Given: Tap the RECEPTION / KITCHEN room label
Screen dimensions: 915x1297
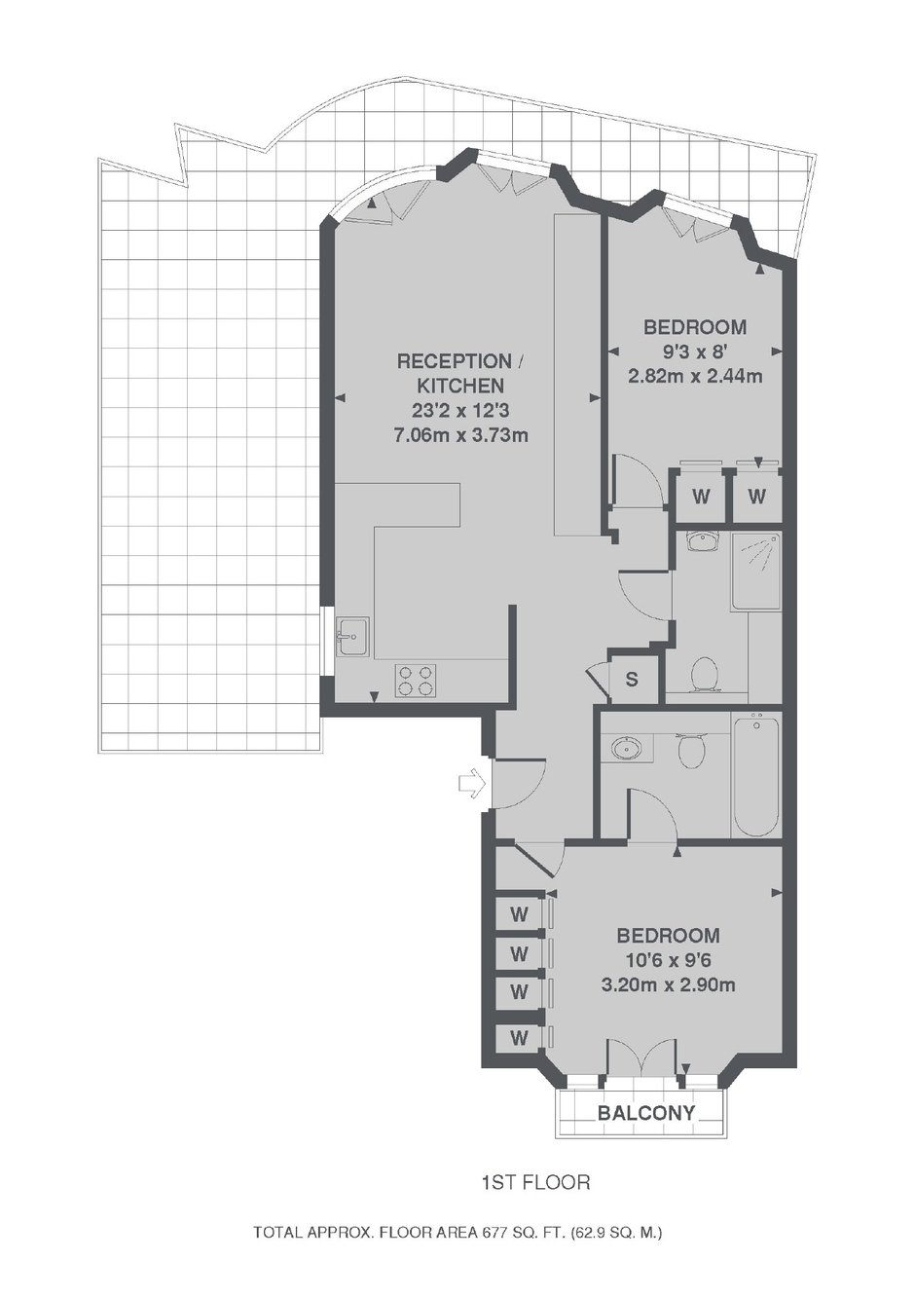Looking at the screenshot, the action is click(460, 373).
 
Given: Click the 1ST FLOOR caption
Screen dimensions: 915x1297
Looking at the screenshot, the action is click(536, 1182).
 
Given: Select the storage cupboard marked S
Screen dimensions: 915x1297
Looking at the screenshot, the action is click(633, 680).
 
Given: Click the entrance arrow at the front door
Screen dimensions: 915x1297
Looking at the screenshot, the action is click(471, 784).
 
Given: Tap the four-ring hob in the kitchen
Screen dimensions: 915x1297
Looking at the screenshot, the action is click(415, 681).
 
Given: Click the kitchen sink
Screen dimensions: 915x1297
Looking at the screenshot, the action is click(353, 636).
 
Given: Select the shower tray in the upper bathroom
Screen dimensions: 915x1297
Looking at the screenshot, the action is click(755, 572).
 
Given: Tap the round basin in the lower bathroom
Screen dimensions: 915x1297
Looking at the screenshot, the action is click(625, 748).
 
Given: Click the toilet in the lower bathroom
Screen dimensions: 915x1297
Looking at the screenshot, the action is click(691, 749).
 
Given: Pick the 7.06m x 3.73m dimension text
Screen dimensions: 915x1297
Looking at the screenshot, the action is click(460, 435).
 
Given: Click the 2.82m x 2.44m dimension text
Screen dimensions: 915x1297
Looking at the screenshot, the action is click(695, 377).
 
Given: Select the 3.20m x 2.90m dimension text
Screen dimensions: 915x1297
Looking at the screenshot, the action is click(668, 984).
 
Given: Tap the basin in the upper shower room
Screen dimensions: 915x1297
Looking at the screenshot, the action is click(702, 541).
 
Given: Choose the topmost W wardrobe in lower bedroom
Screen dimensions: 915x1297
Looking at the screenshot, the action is click(519, 914).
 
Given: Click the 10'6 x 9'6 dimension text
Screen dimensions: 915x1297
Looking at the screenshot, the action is click(668, 961).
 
